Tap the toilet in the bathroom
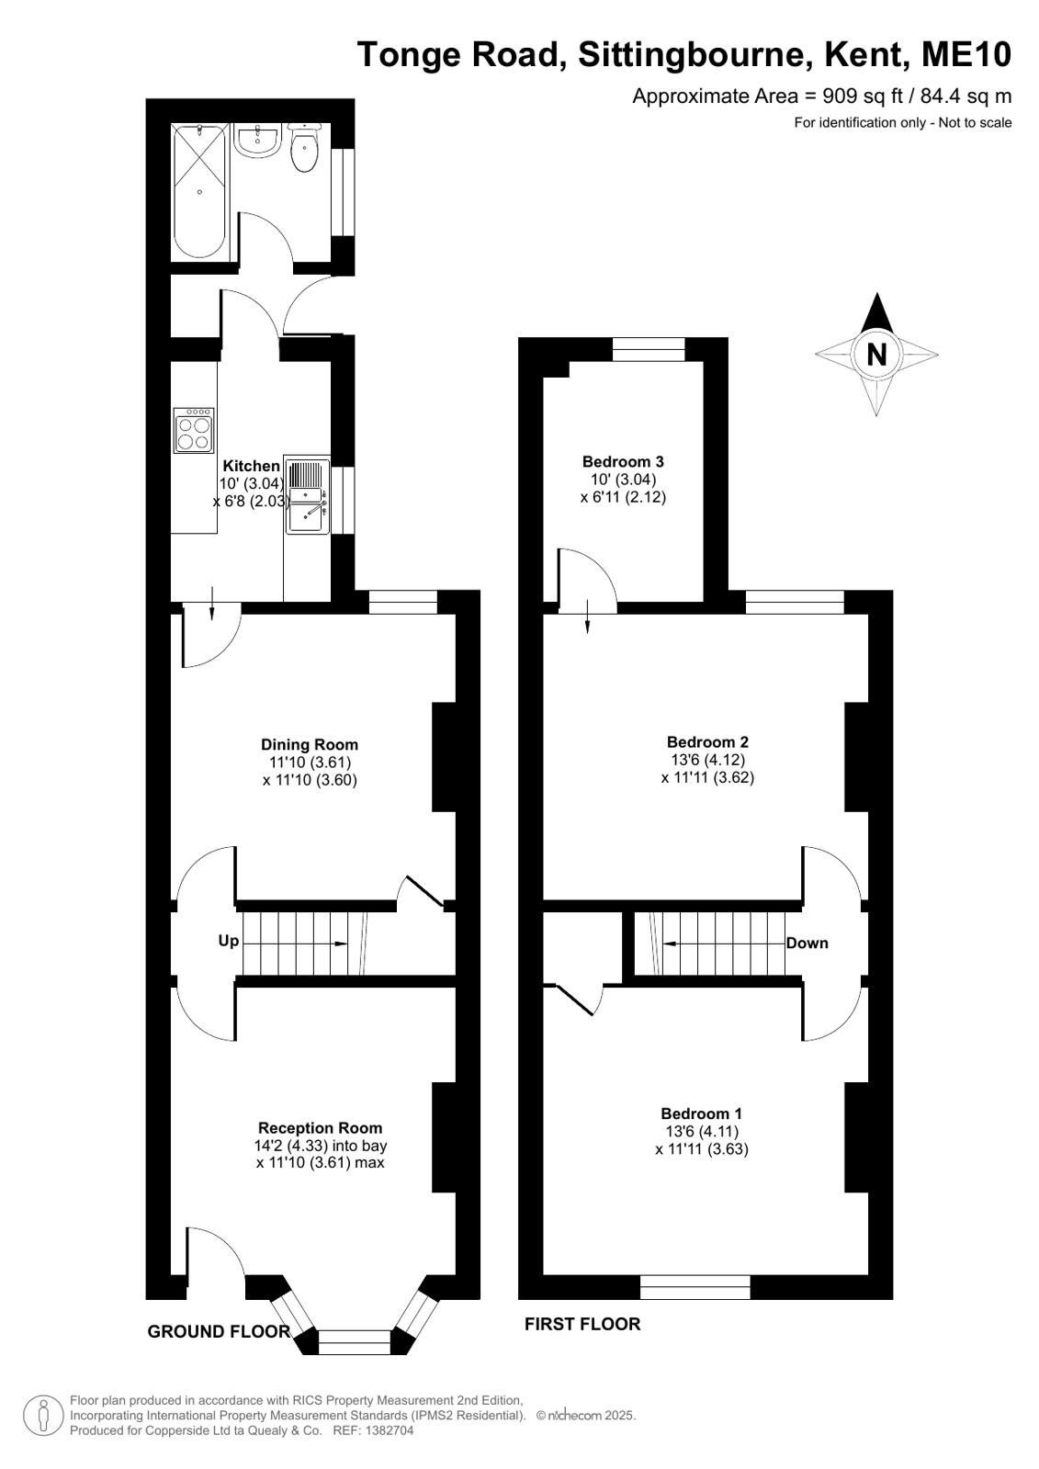click(x=304, y=148)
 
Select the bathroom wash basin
click(x=258, y=141)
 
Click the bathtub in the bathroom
click(x=200, y=191)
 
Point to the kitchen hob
click(x=194, y=430)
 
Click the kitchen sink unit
click(x=307, y=496)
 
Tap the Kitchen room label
click(x=251, y=466)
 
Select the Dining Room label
click(x=310, y=744)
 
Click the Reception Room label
click(x=320, y=1128)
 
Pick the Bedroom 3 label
click(x=623, y=461)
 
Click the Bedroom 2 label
click(x=707, y=741)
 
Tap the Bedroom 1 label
click(x=701, y=1113)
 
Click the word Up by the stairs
click(x=228, y=941)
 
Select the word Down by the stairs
click(x=807, y=944)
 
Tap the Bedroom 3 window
click(x=649, y=349)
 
